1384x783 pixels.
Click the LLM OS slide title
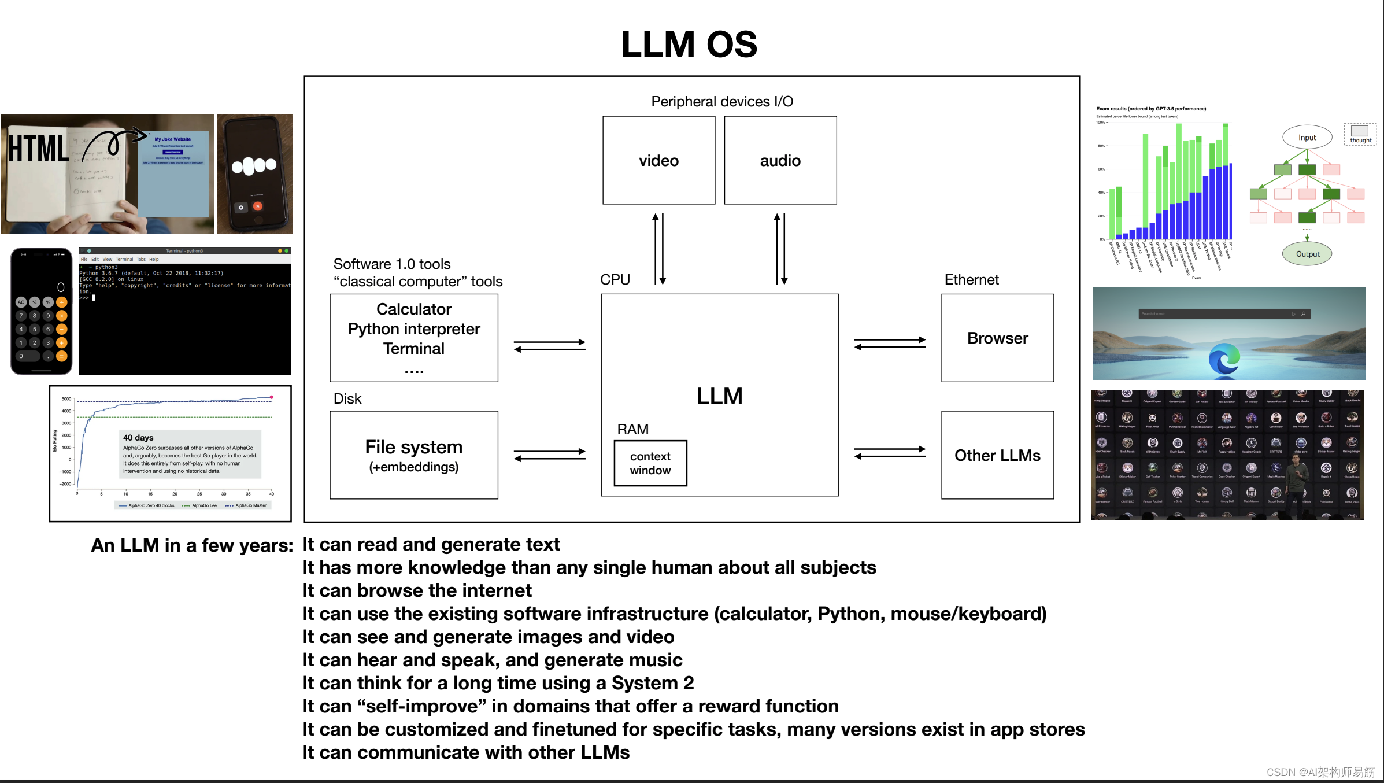(x=689, y=45)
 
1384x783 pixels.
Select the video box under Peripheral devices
(x=658, y=160)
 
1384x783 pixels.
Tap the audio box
(x=780, y=160)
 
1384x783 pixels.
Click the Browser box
(x=997, y=338)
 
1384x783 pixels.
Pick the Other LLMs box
(x=997, y=455)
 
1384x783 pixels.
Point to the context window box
(x=650, y=463)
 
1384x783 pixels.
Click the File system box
(x=414, y=455)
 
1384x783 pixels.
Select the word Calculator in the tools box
(x=414, y=309)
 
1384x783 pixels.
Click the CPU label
(x=615, y=280)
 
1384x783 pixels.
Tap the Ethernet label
(x=971, y=280)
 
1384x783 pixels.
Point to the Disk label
(x=347, y=399)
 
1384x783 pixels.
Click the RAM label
(x=632, y=429)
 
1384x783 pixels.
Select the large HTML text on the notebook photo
(x=38, y=149)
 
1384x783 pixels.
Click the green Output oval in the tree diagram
(x=1307, y=254)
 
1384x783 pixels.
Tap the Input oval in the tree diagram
(x=1307, y=138)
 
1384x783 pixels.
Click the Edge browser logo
(x=1224, y=359)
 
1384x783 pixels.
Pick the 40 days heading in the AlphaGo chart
(x=138, y=438)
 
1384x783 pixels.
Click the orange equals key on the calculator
(x=62, y=356)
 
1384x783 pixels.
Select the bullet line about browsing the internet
(x=416, y=590)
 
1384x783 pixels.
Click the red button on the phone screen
(x=258, y=206)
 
